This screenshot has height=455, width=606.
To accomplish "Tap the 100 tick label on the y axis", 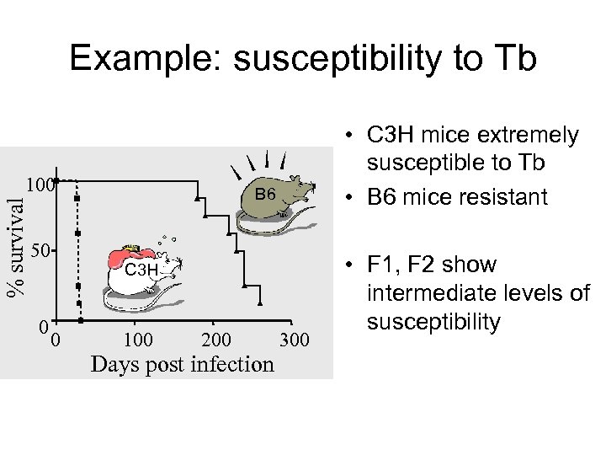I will point(39,184).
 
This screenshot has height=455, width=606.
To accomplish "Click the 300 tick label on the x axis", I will point(294,340).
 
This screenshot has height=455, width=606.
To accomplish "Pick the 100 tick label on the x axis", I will point(137,340).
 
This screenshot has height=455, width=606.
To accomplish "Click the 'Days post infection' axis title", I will point(182,364).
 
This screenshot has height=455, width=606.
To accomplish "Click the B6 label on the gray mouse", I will point(266,195).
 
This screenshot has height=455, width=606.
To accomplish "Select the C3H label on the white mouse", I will point(141,270).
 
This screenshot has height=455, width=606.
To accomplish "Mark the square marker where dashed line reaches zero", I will point(80,320).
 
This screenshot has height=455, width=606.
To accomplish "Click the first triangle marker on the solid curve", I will point(197,198).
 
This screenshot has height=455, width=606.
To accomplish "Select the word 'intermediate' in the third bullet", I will point(442,294).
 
